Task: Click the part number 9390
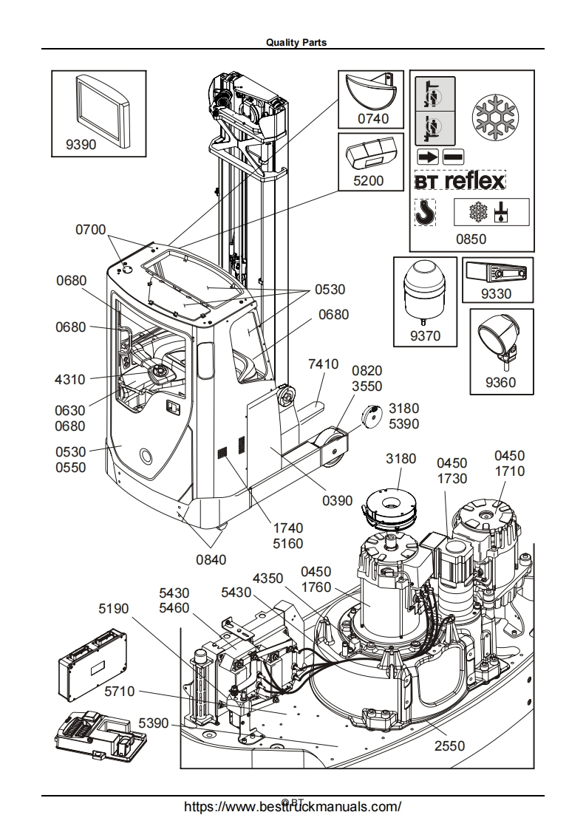(81, 146)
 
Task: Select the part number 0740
(373, 118)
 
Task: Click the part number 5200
(369, 180)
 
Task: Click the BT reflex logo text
(459, 180)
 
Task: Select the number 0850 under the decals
(471, 239)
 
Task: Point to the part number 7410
(323, 364)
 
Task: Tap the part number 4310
(70, 380)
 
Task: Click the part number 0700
(91, 230)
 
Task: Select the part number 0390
(337, 501)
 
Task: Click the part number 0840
(211, 559)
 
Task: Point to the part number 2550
(449, 746)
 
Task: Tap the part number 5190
(114, 608)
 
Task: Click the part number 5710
(119, 692)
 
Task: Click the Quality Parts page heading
(296, 43)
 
